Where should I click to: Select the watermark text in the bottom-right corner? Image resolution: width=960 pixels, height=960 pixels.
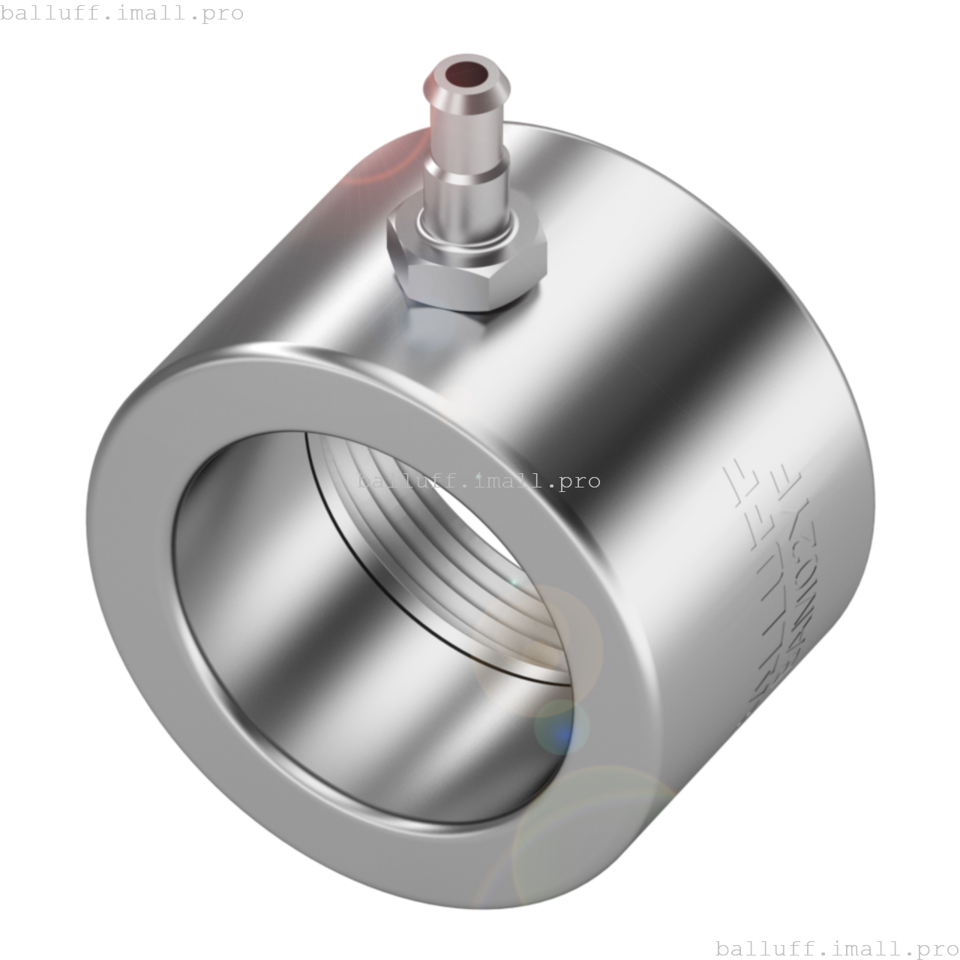pyautogui.click(x=837, y=948)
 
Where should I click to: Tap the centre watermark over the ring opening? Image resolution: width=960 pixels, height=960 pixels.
pyautogui.click(x=478, y=481)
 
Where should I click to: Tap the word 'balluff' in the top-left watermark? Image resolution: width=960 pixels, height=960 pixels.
pyautogui.click(x=48, y=13)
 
